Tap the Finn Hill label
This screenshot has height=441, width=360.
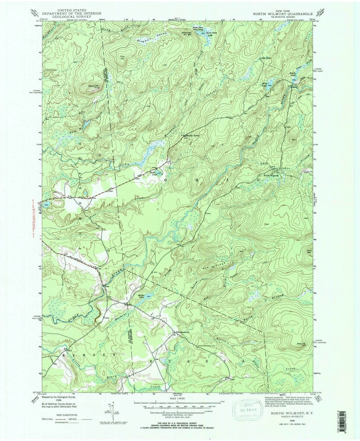pyautogui.click(x=122, y=57)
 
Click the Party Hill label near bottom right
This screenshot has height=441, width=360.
pyautogui.click(x=301, y=345)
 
